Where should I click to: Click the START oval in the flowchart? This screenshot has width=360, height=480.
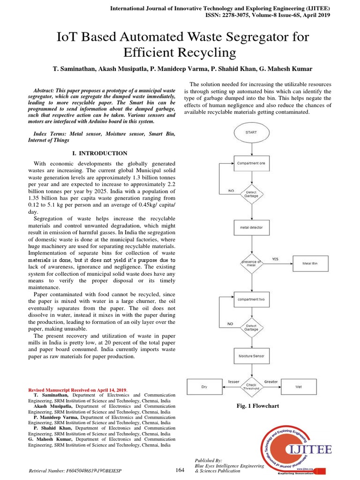coord(251,133)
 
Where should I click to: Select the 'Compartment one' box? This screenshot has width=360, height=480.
coord(251,163)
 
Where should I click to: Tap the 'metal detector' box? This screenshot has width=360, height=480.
coord(251,228)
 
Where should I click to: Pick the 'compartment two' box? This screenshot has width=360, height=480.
coord(251,299)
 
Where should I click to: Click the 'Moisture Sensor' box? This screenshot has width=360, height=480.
coord(251,356)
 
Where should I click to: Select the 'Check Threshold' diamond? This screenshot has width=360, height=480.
coord(251,387)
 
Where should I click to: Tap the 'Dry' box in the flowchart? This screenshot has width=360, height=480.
coord(204,387)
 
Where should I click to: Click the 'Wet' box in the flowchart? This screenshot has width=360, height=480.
coord(299,387)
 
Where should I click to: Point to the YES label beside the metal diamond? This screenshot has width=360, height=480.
coord(275,259)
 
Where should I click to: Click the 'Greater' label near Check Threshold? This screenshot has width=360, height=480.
coord(271,382)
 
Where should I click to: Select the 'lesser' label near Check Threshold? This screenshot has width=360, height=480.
coord(233,382)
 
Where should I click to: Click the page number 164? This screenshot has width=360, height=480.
coord(180,470)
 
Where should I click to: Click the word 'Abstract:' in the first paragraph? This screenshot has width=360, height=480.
coord(47,90)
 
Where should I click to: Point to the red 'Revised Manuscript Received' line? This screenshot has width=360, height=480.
coord(78,390)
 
